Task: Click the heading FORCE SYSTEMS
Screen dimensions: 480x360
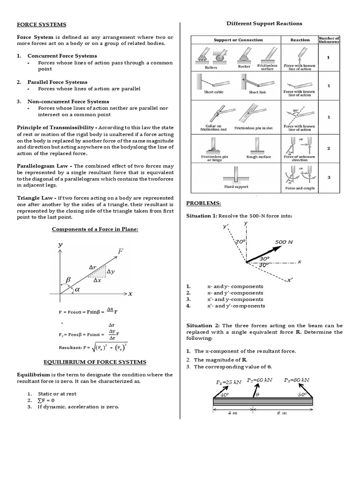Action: tap(42, 24)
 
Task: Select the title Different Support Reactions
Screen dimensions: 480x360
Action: tap(264, 23)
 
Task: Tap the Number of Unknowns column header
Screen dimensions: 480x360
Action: tap(329, 40)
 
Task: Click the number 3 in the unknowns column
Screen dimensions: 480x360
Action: tap(329, 177)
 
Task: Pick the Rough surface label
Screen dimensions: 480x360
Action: tap(258, 157)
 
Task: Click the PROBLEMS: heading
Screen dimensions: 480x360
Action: tap(204, 203)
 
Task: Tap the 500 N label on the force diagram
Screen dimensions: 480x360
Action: tap(284, 242)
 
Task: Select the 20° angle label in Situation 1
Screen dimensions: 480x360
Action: tap(240, 241)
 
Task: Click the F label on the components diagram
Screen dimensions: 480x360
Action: tap(120, 251)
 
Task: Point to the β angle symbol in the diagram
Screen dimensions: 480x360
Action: tap(68, 279)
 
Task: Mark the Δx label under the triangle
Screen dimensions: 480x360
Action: tap(97, 281)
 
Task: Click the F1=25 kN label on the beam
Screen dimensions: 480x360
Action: tap(228, 382)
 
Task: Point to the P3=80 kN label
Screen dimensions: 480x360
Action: tap(297, 380)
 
